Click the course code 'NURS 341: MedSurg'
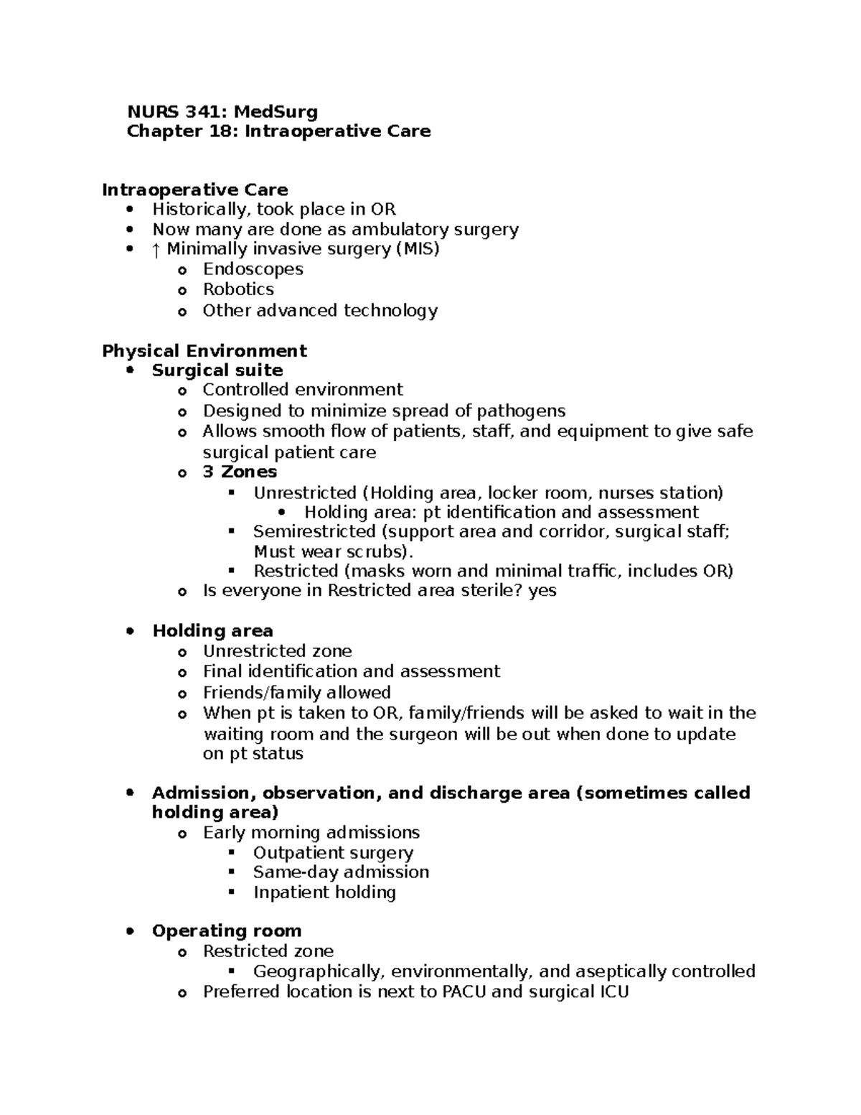222,111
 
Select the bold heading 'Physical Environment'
204,350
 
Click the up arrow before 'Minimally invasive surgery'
157,249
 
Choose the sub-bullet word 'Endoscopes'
253,269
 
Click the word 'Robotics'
238,289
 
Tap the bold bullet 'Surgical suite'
217,370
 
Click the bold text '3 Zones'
240,472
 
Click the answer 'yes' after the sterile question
542,590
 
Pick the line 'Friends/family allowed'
296,692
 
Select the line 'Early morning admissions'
311,832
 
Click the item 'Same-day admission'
341,872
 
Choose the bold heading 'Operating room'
227,930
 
